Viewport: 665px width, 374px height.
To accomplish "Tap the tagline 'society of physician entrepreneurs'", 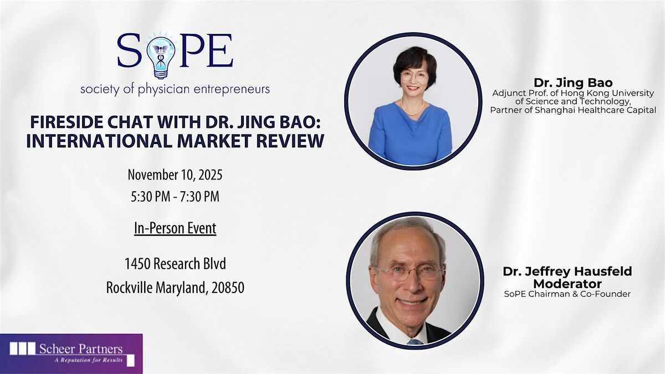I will tap(175, 89).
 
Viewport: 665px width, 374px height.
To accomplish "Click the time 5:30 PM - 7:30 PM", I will tap(175, 196).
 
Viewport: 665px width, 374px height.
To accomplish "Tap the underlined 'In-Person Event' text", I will tap(175, 228).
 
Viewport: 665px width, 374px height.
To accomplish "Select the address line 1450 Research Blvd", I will tap(175, 264).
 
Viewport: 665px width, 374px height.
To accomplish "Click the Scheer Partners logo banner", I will tap(71, 353).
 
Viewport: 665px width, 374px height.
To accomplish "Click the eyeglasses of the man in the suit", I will tap(410, 272).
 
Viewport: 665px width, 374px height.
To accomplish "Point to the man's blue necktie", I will tap(415, 342).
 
